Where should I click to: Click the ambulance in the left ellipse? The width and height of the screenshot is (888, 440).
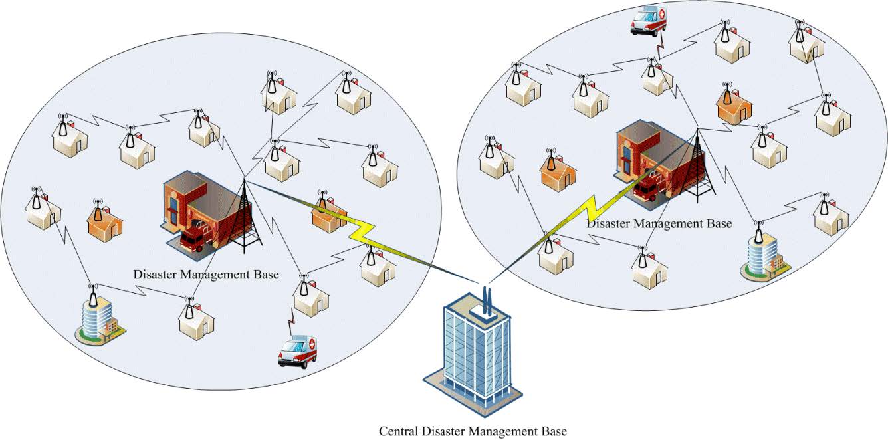[297, 351]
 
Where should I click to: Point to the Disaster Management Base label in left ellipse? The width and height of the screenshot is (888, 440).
[206, 274]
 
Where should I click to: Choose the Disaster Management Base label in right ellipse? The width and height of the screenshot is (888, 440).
[659, 223]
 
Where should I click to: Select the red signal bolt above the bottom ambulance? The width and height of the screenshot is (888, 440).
[290, 321]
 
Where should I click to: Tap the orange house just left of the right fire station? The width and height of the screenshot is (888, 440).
[558, 172]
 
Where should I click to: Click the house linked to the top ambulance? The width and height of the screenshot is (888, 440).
[657, 77]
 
